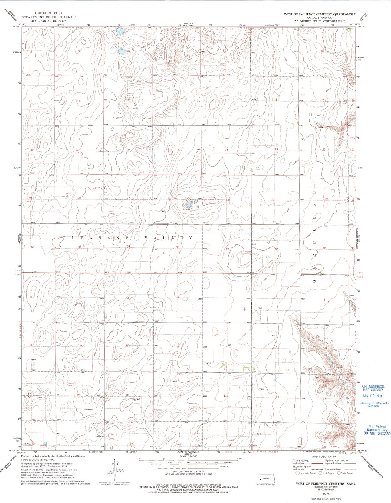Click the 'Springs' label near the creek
point(339,368)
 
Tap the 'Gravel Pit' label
point(319,377)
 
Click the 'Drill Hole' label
point(97,424)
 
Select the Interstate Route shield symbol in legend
point(297,473)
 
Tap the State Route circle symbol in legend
point(339,473)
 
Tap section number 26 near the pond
point(175,198)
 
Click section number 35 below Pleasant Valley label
point(178,247)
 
